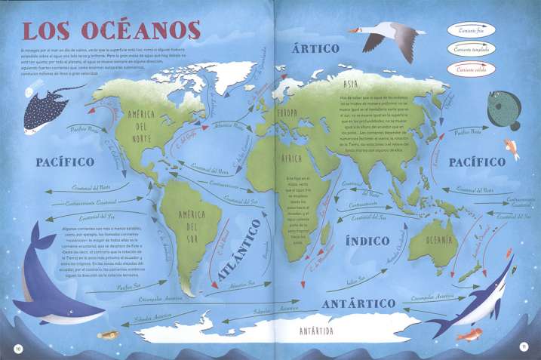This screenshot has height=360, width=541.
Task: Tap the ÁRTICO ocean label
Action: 317,48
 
